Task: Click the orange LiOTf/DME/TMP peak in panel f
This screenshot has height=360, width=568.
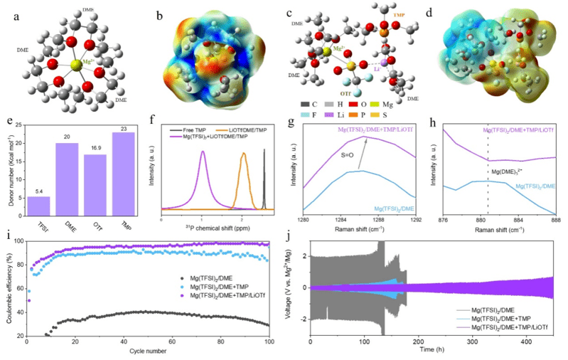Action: (244, 171)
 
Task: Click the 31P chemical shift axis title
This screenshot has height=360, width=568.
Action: (216, 227)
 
